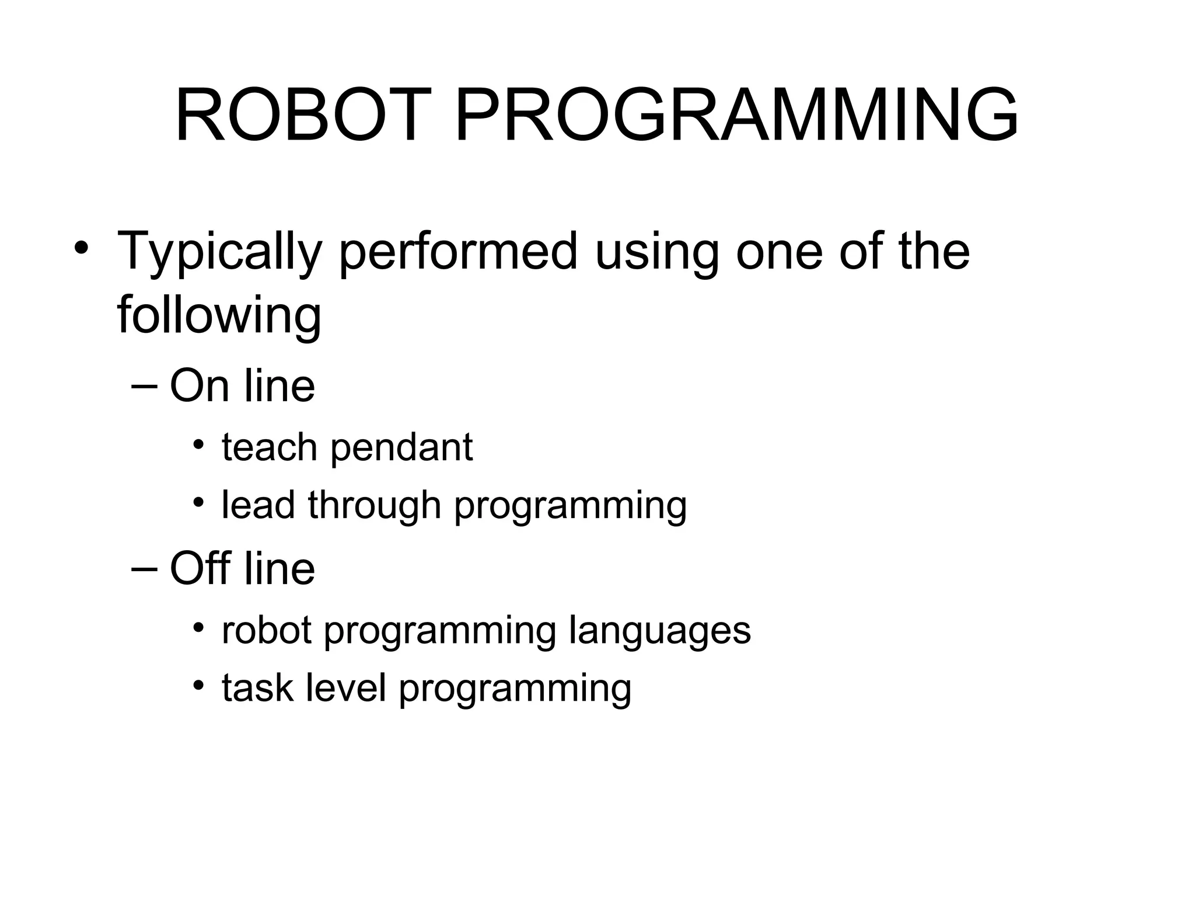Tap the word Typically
219,252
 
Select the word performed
458,252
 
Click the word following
219,315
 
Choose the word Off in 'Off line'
199,568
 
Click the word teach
269,447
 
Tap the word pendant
401,448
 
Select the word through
374,505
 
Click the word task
257,688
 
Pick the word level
346,688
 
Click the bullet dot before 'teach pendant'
199,445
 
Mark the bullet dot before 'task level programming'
199,685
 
